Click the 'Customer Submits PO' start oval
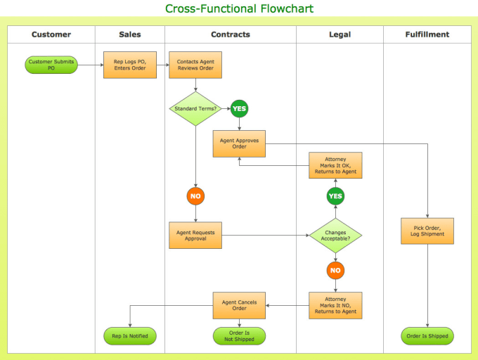[51, 65]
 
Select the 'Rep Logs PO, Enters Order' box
[130, 65]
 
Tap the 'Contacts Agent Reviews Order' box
[195, 65]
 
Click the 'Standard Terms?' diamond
[195, 108]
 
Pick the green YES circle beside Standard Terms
[239, 108]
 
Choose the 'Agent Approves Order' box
[239, 143]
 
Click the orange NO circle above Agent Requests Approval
[195, 196]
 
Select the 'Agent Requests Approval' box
[195, 236]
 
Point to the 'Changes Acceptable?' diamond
[335, 236]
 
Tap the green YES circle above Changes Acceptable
[335, 196]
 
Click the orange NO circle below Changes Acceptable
[335, 271]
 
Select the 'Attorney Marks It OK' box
[335, 165]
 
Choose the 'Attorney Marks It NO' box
[335, 305]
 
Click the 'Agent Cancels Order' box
[239, 305]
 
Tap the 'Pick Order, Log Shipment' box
[427, 231]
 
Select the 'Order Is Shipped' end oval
[427, 336]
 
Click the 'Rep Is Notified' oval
[130, 336]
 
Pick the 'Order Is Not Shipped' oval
[239, 336]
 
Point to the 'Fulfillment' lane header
[427, 34]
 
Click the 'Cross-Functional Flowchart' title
[239, 8]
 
